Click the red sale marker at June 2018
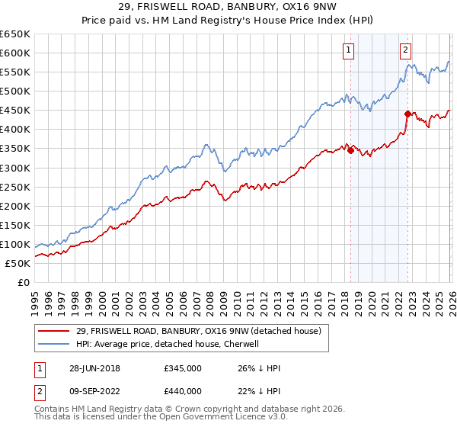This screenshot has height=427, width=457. pyautogui.click(x=350, y=150)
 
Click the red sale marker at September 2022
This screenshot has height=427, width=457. pyautogui.click(x=407, y=114)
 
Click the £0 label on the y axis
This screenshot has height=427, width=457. pyautogui.click(x=24, y=282)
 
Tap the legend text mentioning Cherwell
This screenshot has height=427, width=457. pyautogui.click(x=168, y=344)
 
